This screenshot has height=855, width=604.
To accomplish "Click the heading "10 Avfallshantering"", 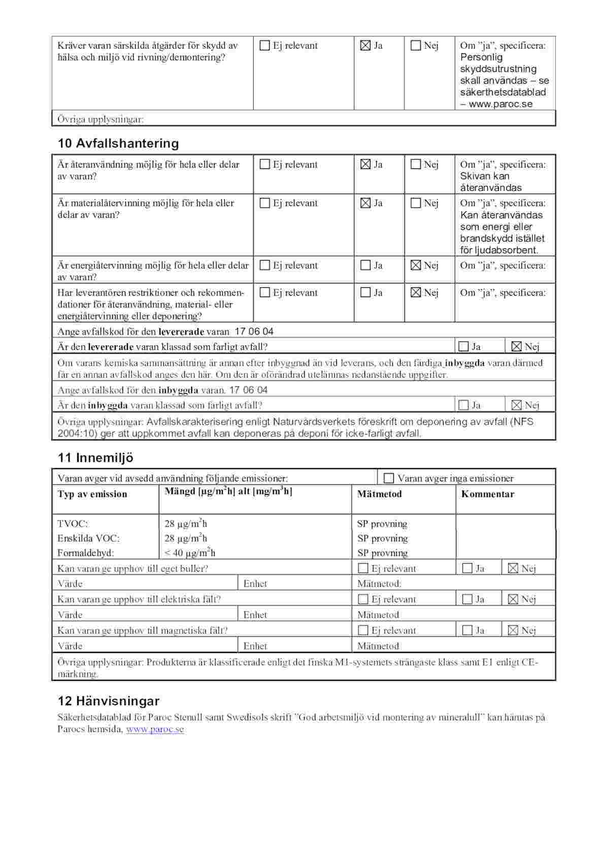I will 118,143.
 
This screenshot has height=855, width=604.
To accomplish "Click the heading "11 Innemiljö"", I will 95,457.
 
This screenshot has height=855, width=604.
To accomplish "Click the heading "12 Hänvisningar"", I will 109,701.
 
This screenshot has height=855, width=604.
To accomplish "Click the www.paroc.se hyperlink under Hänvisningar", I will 155,729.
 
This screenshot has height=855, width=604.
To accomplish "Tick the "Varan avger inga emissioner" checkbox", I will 389,478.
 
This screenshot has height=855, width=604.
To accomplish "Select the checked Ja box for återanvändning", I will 365,165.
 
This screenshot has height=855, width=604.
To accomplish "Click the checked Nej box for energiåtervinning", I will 416,265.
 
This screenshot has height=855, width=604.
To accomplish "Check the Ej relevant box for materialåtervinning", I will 264,203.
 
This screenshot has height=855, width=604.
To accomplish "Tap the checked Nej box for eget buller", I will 513,568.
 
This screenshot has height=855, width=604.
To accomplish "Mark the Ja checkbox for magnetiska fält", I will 467,630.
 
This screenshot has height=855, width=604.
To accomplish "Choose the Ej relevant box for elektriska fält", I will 363,599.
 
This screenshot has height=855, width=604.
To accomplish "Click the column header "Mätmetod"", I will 379,494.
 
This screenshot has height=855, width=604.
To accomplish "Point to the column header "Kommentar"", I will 487,494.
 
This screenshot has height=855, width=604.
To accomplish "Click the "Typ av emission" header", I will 92,494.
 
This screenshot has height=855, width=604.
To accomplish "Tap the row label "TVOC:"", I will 73,523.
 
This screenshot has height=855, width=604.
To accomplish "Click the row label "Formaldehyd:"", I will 86,552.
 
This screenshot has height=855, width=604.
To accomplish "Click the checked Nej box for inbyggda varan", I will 516,405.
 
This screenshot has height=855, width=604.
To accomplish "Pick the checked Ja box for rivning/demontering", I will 365,46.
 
